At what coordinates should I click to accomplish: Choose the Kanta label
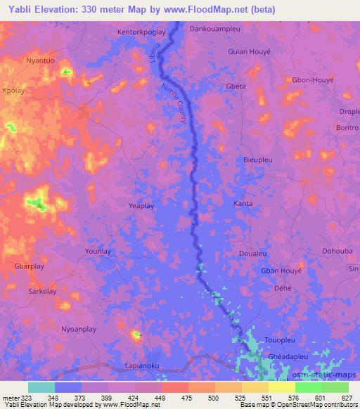point(243,204)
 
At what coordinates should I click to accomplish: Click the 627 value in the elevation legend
point(346,397)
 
